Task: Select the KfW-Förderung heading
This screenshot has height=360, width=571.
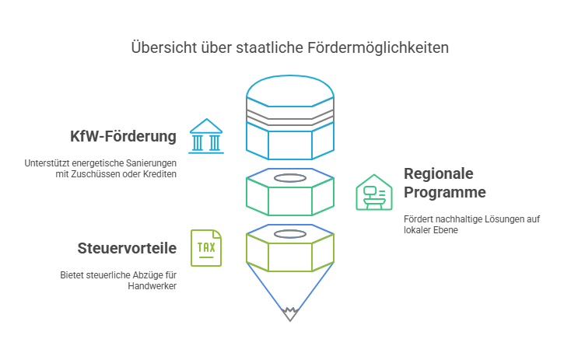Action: (123, 137)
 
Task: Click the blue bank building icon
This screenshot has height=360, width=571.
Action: (206, 136)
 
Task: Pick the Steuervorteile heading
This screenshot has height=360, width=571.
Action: (127, 249)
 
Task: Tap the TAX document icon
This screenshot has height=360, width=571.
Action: (206, 248)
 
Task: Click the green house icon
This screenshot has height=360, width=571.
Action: (373, 192)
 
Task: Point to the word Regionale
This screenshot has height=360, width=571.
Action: (438, 173)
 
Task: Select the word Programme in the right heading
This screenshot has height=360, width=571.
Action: (445, 192)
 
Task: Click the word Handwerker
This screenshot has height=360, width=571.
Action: (152, 286)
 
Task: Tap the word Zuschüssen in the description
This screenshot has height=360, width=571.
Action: (107, 174)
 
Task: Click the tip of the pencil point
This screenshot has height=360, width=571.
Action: (289, 317)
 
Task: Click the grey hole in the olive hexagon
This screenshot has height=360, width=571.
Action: (289, 234)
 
